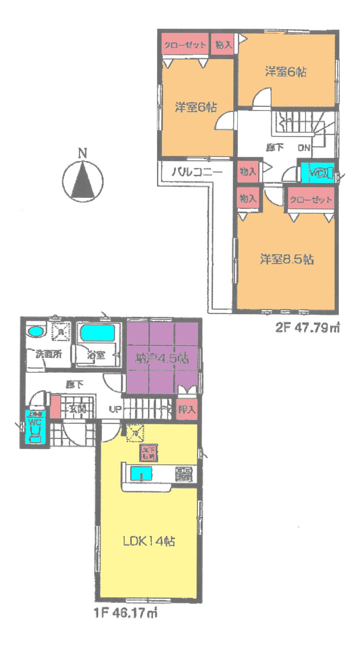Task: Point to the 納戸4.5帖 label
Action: [x=162, y=359]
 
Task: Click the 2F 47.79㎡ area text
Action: [x=307, y=328]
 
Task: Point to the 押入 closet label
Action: [x=187, y=409]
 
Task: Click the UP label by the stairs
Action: [x=115, y=409]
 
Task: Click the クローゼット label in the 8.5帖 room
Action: [x=310, y=200]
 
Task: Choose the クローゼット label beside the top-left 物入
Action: [x=185, y=45]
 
